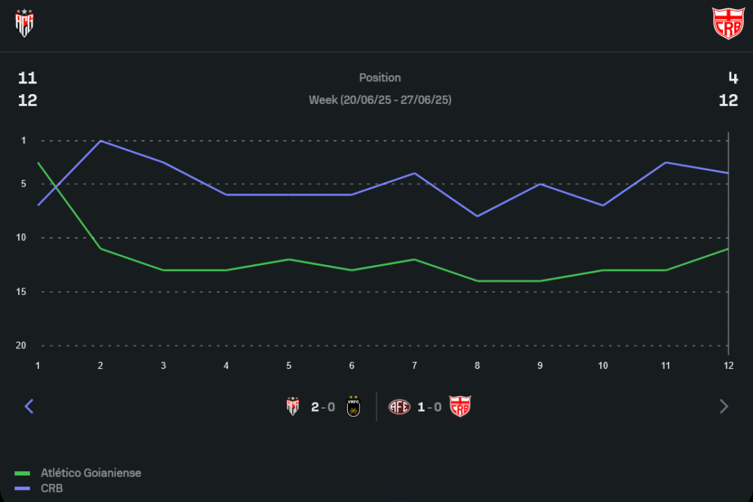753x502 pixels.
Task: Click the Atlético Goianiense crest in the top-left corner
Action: pos(25,23)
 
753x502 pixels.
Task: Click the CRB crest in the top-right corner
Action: pos(727,23)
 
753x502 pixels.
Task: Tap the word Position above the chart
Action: pos(380,78)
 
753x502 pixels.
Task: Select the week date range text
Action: pos(380,100)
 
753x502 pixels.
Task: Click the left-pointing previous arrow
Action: pos(29,406)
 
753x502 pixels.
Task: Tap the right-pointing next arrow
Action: pos(724,406)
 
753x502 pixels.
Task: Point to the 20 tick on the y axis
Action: pos(23,345)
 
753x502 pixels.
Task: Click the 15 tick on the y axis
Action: pos(23,291)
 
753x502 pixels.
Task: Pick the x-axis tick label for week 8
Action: pos(477,365)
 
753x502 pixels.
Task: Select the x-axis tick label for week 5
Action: pos(289,365)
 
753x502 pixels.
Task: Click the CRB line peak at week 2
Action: pos(101,141)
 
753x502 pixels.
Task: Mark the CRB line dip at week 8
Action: pos(477,216)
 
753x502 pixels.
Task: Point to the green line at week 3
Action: pos(163,270)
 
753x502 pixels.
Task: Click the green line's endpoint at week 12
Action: pos(728,248)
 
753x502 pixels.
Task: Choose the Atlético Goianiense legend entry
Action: pos(90,473)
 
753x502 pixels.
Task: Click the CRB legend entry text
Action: pos(52,488)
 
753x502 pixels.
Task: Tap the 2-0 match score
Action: pos(323,407)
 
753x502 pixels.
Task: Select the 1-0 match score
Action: pos(429,407)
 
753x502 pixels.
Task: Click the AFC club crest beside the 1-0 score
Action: pos(399,407)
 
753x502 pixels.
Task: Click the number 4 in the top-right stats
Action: pos(733,78)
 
